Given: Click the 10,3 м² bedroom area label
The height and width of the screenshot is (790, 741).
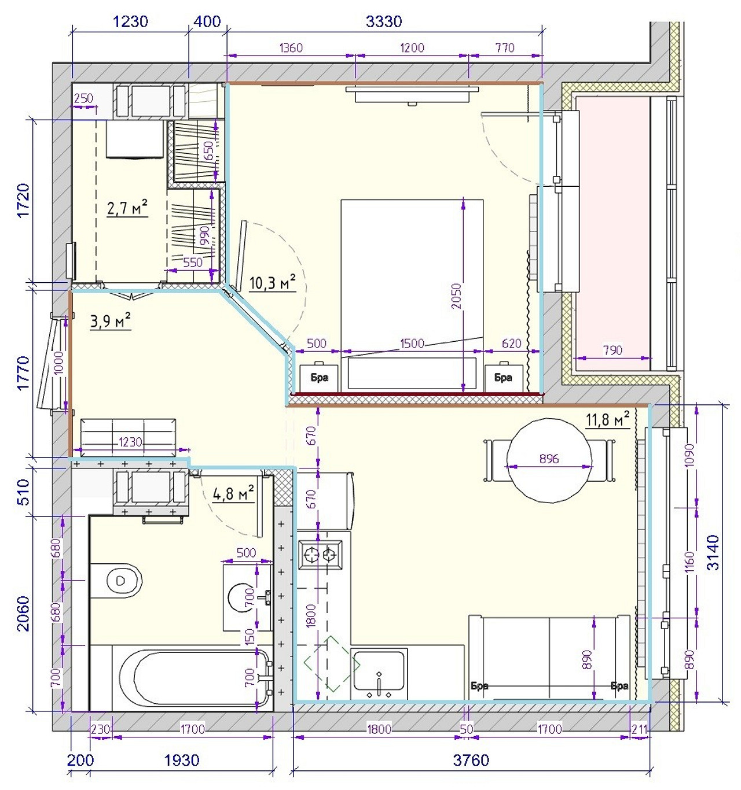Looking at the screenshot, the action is [x=273, y=283].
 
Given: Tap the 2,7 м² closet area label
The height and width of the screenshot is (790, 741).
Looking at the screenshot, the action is [x=127, y=208].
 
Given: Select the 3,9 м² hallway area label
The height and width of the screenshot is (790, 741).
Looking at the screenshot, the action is [x=111, y=320].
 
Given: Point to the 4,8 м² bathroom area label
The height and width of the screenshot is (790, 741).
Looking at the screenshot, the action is [x=233, y=494].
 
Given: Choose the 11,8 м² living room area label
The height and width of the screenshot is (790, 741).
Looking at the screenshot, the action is [x=607, y=419].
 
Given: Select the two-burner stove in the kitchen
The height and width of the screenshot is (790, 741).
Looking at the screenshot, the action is [x=320, y=553].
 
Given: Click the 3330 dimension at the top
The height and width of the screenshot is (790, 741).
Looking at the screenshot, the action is [x=384, y=21].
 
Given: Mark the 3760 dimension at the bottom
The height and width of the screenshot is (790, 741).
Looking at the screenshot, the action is [x=471, y=759].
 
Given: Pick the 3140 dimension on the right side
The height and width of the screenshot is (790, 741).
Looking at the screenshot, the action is [x=714, y=552].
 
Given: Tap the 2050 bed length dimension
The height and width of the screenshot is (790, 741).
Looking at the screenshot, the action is [x=457, y=296].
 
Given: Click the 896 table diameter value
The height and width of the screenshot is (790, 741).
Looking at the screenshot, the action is [x=549, y=458].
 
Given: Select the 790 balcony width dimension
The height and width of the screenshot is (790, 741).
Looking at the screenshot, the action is [x=612, y=350].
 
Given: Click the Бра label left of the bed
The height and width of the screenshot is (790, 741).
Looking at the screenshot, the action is [x=319, y=378].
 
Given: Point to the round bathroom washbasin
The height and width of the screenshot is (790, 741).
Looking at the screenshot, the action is [x=241, y=597].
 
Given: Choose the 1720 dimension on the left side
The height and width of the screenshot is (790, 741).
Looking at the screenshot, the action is [x=24, y=200].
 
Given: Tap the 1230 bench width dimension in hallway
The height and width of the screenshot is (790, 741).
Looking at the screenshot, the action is [x=130, y=442].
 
